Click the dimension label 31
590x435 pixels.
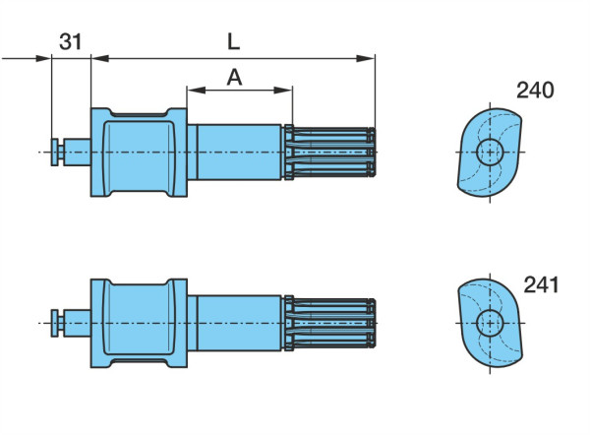tap(71, 41)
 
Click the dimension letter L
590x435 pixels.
tap(234, 41)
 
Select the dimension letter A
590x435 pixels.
tap(234, 78)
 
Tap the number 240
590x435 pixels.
tap(535, 91)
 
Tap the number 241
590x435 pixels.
tap(541, 285)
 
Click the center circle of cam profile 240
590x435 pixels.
tap(490, 153)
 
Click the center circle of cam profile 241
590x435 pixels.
tap(490, 323)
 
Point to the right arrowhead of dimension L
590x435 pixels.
tap(366, 58)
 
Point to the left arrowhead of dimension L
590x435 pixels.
tap(100, 58)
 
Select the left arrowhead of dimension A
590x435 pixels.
tap(196, 90)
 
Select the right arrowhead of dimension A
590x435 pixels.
tap(283, 90)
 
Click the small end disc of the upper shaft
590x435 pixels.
tap(55, 153)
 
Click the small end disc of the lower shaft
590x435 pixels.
tap(55, 323)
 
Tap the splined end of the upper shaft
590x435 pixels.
tap(330, 153)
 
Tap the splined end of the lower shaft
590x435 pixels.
tap(330, 323)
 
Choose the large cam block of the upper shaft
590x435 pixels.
tap(139, 153)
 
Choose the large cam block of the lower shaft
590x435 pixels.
tap(139, 323)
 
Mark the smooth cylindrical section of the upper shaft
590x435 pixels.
tap(235, 153)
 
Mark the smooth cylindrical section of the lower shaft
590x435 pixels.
tap(235, 323)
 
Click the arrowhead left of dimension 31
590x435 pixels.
tap(42, 58)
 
